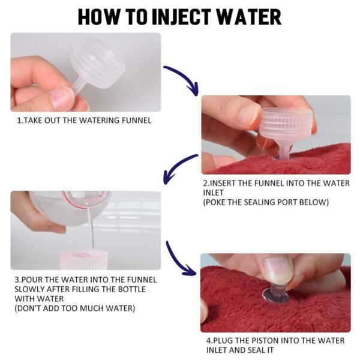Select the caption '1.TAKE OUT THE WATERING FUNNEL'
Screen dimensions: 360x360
[84, 120]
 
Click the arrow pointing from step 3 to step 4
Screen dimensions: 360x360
[180, 258]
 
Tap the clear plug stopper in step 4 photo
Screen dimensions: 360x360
[275, 292]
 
